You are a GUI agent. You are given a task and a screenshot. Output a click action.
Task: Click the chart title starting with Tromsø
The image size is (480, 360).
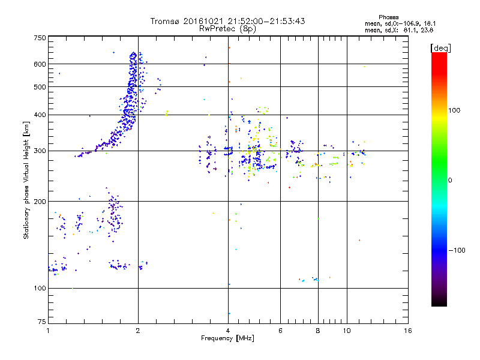pos(227,21)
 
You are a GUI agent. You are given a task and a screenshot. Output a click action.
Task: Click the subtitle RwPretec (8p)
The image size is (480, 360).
pos(227,28)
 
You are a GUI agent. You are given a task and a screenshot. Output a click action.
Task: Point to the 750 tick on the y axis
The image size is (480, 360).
pos(40,38)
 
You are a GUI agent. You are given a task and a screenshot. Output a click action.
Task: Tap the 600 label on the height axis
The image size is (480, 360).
pos(40,64)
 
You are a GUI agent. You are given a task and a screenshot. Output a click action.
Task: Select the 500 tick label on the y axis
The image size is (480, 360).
pos(40,87)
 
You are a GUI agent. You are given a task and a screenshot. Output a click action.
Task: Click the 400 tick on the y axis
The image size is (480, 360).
pos(40,115)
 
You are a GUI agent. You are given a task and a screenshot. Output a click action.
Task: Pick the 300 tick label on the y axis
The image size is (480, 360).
pos(40,151)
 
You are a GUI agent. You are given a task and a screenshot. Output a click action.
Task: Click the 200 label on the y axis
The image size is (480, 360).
pos(40,202)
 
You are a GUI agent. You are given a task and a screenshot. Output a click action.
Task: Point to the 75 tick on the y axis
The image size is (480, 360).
pos(41,323)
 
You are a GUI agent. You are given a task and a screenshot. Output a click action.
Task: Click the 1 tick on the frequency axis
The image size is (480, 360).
pos(48,331)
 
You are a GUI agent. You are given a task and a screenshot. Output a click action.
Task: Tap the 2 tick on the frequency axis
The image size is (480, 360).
pos(138,331)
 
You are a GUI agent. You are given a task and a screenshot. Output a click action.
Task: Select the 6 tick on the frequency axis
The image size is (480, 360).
pos(280,331)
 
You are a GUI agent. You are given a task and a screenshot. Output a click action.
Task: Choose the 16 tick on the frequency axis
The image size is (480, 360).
pos(407,331)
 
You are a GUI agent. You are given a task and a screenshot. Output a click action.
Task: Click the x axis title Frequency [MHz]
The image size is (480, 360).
pos(227,339)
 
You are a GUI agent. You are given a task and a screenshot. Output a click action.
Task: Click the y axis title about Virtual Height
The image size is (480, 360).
pos(26,180)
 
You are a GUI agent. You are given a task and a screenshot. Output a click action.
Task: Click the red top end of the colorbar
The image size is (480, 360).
pos(439,55)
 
